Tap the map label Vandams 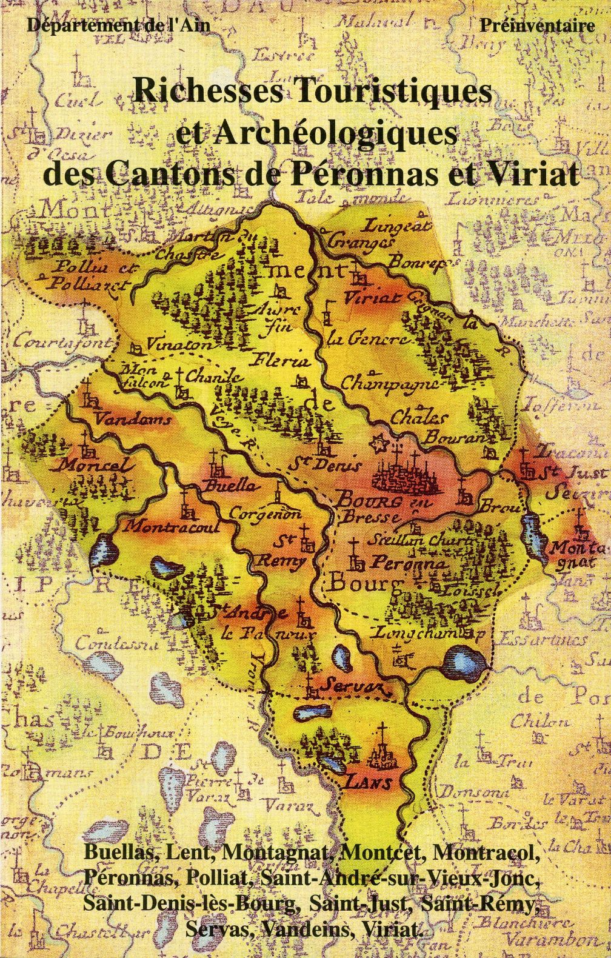pos(125,418)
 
